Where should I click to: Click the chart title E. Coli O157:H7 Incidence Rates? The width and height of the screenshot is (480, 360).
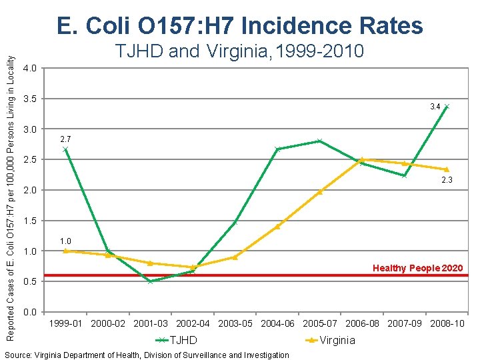pyautogui.click(x=240, y=26)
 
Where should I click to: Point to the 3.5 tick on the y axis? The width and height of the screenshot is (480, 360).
pyautogui.click(x=29, y=99)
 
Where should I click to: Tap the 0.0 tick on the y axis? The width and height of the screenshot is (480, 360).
pyautogui.click(x=29, y=313)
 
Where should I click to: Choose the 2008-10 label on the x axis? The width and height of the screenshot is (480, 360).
pyautogui.click(x=446, y=324)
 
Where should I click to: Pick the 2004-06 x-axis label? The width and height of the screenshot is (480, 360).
pyautogui.click(x=277, y=324)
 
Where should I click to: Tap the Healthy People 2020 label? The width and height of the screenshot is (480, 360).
pyautogui.click(x=417, y=268)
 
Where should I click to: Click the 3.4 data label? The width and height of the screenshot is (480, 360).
pyautogui.click(x=435, y=107)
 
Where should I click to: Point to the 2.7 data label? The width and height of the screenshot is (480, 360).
pyautogui.click(x=65, y=139)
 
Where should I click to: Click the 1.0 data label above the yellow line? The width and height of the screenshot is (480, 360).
pyautogui.click(x=65, y=241)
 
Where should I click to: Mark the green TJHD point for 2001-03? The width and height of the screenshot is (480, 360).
pyautogui.click(x=150, y=281)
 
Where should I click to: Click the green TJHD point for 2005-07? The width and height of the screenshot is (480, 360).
pyautogui.click(x=319, y=141)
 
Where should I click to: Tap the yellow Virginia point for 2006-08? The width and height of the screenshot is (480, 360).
pyautogui.click(x=362, y=159)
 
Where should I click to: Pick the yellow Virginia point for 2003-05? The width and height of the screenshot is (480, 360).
pyautogui.click(x=235, y=257)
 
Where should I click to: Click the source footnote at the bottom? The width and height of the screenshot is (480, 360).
pyautogui.click(x=147, y=355)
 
